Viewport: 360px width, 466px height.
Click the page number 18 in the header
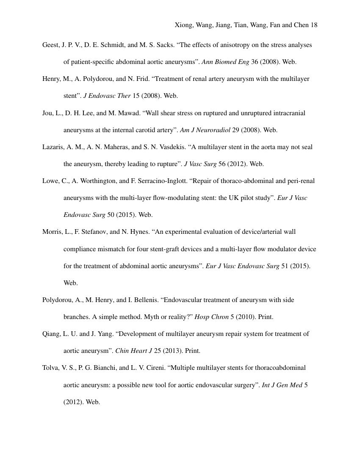tap(314, 25)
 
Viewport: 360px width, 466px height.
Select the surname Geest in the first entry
tap(51, 45)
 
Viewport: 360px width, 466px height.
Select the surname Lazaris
tap(53, 147)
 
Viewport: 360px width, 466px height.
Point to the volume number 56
tap(222, 164)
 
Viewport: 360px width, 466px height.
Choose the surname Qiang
tap(52, 334)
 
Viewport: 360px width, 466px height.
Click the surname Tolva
tap(51, 368)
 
